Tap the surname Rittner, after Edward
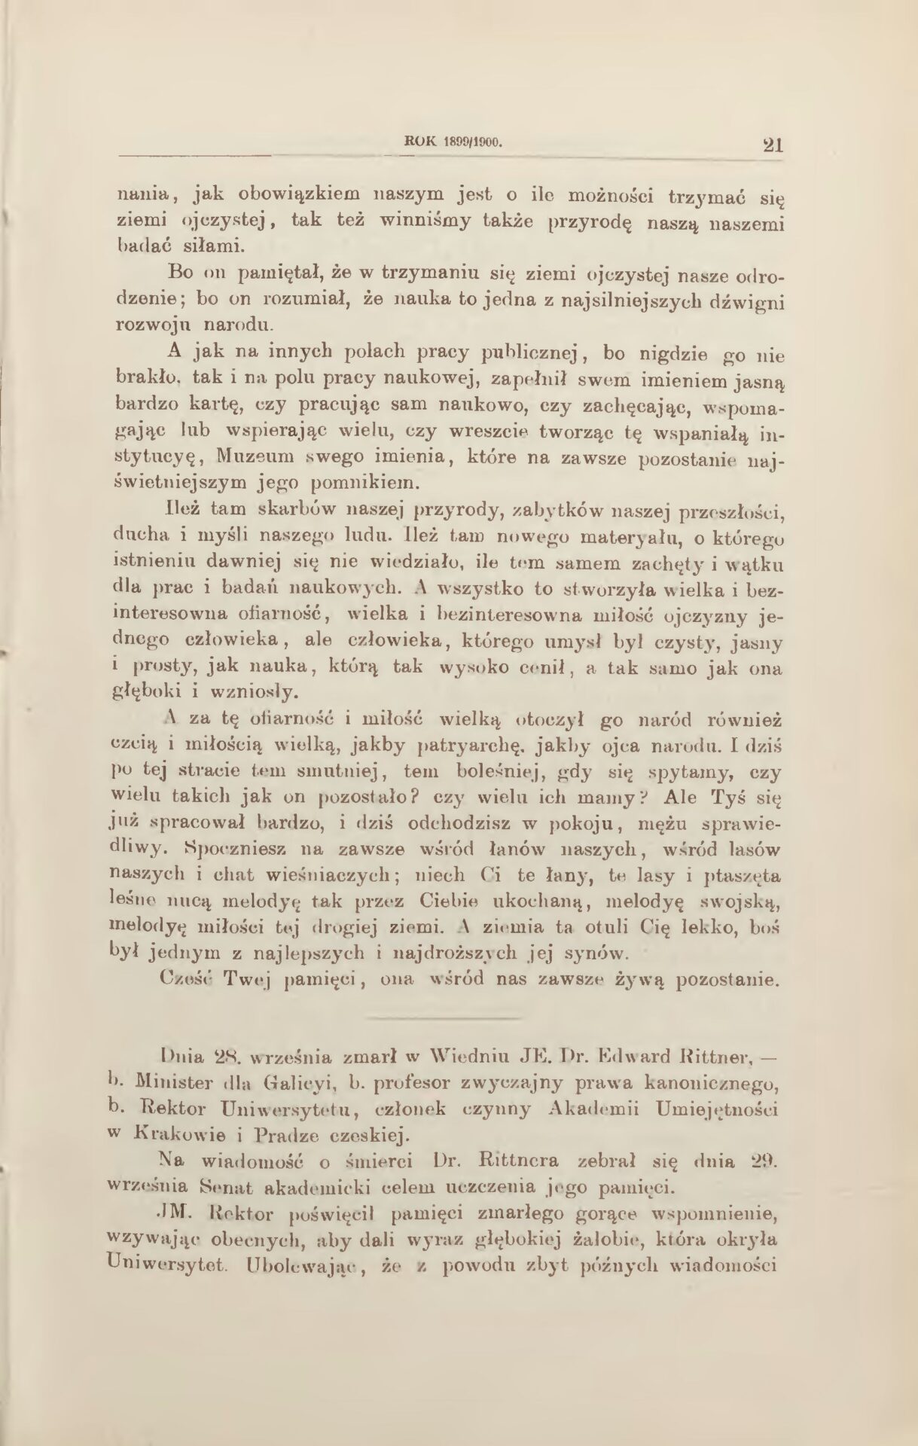click(718, 1059)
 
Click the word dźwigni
click(741, 299)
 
